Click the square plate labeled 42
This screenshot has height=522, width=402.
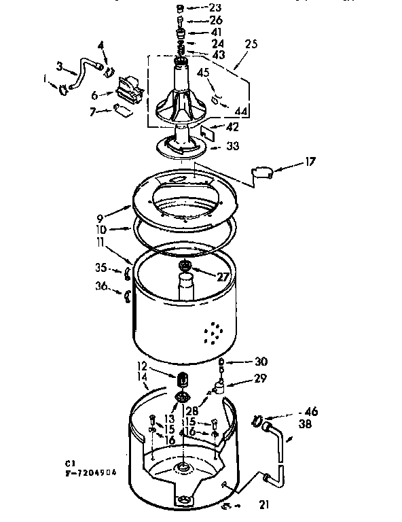pyautogui.click(x=208, y=132)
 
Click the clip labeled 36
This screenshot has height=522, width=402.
pyautogui.click(x=126, y=294)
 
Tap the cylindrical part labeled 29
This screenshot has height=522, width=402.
pyautogui.click(x=219, y=389)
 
